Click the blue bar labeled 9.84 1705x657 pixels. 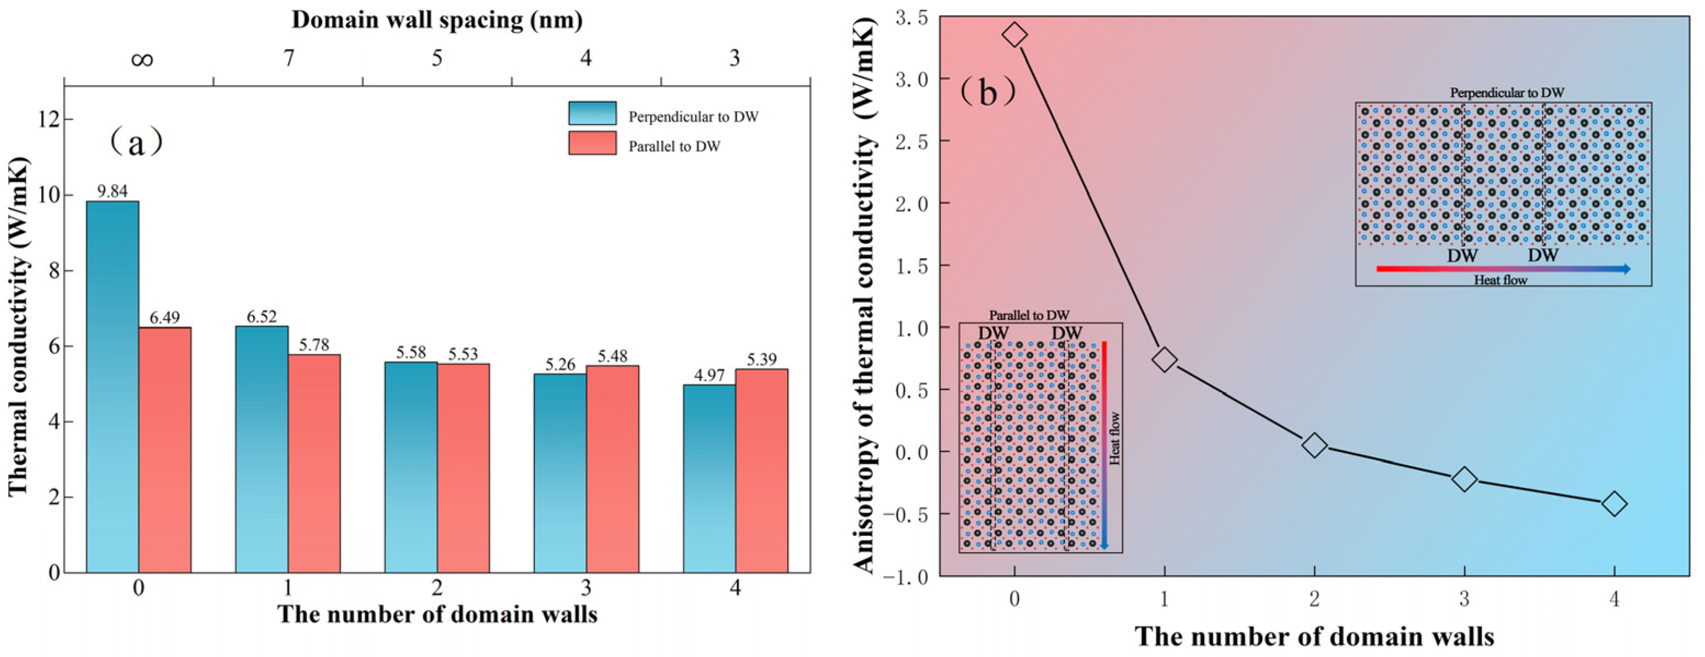coord(112,387)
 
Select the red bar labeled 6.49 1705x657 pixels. coord(165,450)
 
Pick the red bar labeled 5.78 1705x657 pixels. coord(314,463)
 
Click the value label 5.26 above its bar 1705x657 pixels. coord(560,365)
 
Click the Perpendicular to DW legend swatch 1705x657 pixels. coord(592,113)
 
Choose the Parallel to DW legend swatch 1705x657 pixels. coord(592,143)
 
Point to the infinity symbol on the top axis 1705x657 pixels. coord(142,60)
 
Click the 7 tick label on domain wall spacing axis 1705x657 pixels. coord(289,58)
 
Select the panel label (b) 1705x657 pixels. coord(987,92)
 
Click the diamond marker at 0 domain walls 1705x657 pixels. coord(1015,35)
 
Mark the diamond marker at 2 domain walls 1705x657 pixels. coord(1314,445)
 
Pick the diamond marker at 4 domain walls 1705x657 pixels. coord(1614,504)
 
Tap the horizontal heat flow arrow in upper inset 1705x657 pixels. coord(1503,269)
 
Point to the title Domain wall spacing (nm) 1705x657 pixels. coord(437,20)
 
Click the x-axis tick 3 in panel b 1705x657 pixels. coord(1464,599)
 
